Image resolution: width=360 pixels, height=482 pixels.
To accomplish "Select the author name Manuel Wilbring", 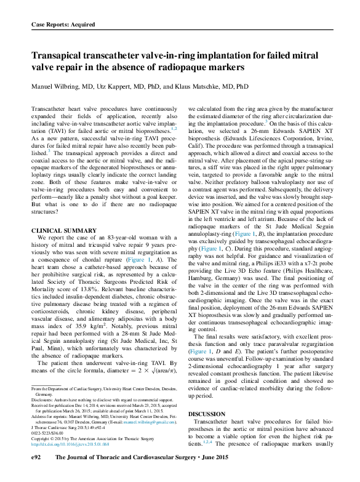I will [58, 87].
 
